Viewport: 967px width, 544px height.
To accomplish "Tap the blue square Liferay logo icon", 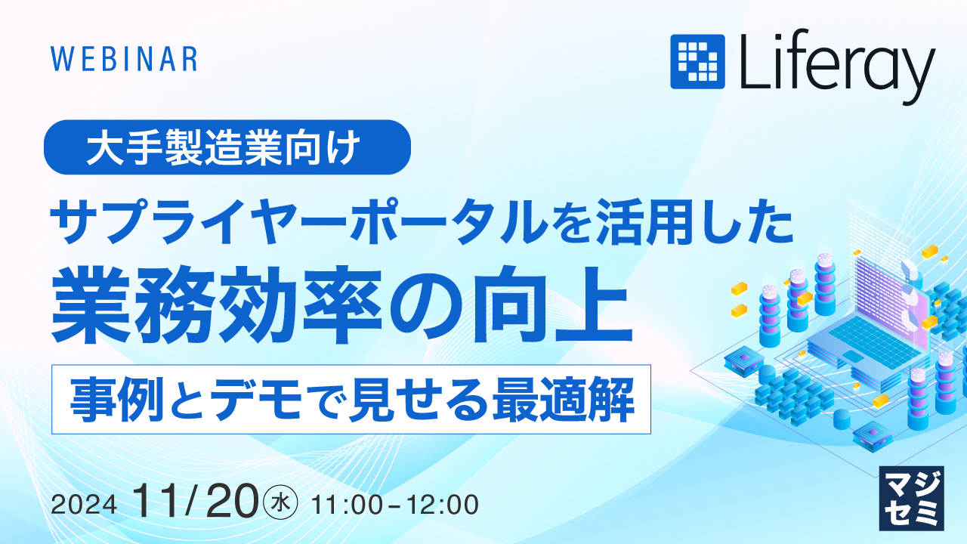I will click(x=697, y=61).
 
